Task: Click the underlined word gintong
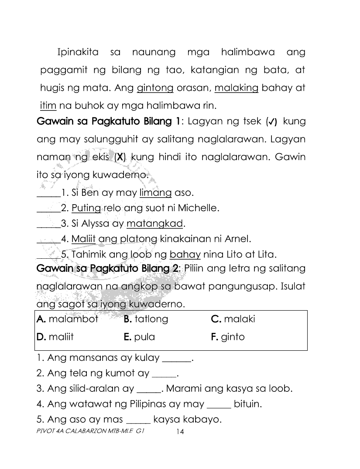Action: pyautogui.click(x=155, y=88)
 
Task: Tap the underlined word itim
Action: pyautogui.click(x=45, y=106)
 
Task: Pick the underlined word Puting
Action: pyautogui.click(x=86, y=208)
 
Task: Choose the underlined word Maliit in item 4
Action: pyautogui.click(x=84, y=239)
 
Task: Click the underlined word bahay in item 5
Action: pyautogui.click(x=185, y=254)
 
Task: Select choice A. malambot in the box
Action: pyautogui.click(x=68, y=319)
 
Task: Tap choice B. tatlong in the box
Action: pyautogui.click(x=146, y=319)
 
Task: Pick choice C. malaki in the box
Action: pyautogui.click(x=233, y=319)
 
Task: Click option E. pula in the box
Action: pyautogui.click(x=139, y=337)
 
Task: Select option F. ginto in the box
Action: pyautogui.click(x=228, y=337)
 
